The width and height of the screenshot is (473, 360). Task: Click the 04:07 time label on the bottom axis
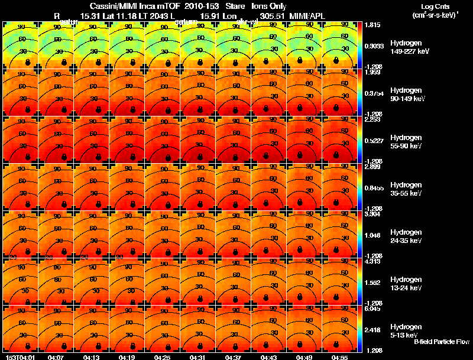point(56,357)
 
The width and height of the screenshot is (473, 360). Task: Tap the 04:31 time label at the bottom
point(197,357)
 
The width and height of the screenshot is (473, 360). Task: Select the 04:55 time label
point(339,357)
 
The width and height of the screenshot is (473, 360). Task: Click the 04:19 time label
point(127,357)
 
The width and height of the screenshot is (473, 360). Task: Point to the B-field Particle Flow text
point(442,342)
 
